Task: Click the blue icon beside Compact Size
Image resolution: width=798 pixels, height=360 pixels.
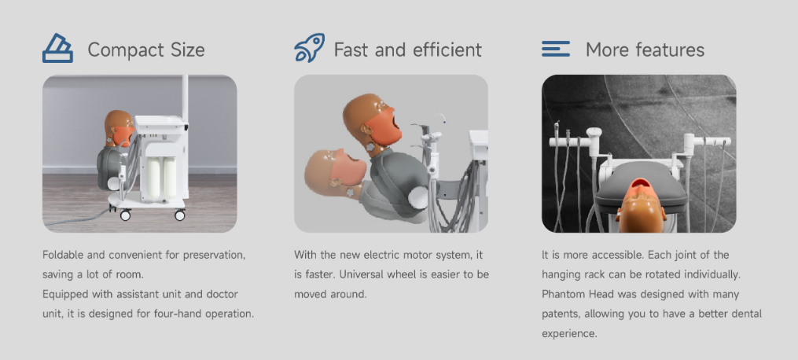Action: (57, 48)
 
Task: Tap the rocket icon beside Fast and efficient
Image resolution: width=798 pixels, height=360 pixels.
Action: (310, 48)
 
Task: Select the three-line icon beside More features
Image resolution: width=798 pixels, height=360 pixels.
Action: (556, 49)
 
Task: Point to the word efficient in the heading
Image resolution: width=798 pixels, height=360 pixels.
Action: (447, 50)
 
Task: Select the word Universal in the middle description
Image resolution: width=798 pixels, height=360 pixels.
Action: (362, 274)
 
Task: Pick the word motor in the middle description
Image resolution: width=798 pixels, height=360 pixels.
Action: (421, 255)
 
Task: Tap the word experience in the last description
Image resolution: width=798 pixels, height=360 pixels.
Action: (569, 334)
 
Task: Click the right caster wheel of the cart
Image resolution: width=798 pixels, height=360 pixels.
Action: (180, 215)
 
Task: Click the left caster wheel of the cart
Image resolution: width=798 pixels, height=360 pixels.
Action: (125, 215)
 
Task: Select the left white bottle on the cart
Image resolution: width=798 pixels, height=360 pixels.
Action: (153, 178)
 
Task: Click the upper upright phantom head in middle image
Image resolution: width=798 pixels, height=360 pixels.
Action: (372, 122)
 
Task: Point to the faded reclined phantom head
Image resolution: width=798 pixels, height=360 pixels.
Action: (336, 172)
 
